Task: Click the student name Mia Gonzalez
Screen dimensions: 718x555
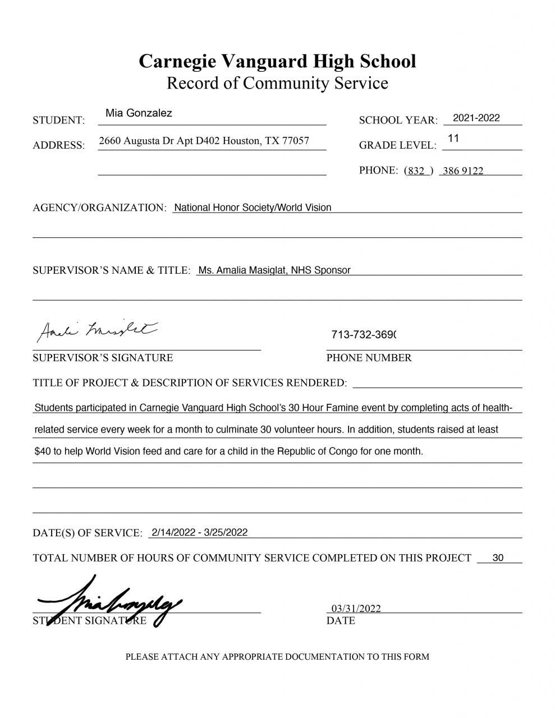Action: click(139, 113)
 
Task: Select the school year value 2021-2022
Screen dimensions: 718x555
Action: click(476, 118)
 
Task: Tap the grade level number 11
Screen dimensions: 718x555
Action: click(453, 138)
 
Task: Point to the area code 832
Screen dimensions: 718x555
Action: click(416, 171)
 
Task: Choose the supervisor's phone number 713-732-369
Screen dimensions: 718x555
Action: click(364, 335)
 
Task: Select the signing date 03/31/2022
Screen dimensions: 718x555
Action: click(356, 609)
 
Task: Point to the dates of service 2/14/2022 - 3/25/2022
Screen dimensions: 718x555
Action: click(199, 532)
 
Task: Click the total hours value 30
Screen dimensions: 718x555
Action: click(498, 558)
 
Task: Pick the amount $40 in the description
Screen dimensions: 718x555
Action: click(42, 451)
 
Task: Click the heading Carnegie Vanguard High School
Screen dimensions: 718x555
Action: click(277, 61)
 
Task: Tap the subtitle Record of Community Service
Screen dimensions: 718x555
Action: click(277, 83)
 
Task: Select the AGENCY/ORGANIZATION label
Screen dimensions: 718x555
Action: click(99, 208)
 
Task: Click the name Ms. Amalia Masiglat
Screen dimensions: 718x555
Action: click(243, 270)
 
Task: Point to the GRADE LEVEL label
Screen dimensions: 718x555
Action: click(397, 145)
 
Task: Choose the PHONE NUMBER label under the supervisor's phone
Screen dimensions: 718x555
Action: click(369, 357)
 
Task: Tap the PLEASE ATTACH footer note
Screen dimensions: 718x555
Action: click(277, 656)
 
